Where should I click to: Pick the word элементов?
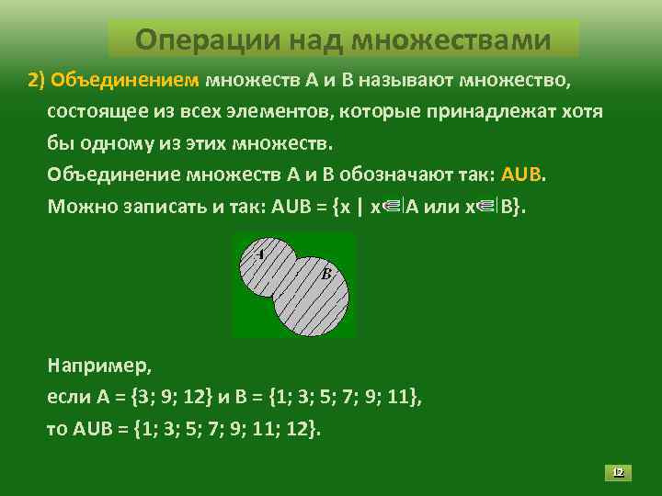pos(282,112)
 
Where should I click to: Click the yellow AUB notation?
pos(522,175)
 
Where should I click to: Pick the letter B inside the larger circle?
pos(325,273)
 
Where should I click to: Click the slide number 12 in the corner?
pos(618,472)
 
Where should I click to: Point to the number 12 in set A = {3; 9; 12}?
pos(194,398)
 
